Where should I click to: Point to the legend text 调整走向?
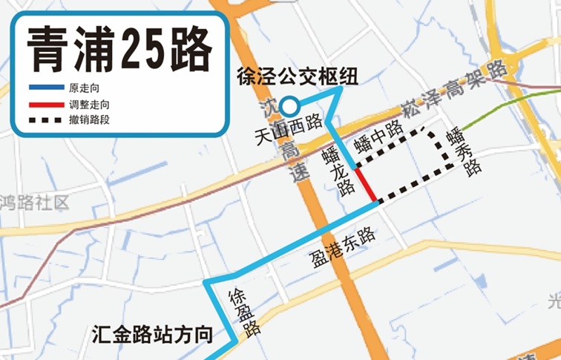tap(89, 105)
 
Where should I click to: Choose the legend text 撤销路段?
tap(89, 120)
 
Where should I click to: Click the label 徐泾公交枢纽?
tap(297, 76)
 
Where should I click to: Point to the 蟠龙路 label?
tap(338, 173)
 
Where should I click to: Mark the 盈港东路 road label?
tap(343, 248)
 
